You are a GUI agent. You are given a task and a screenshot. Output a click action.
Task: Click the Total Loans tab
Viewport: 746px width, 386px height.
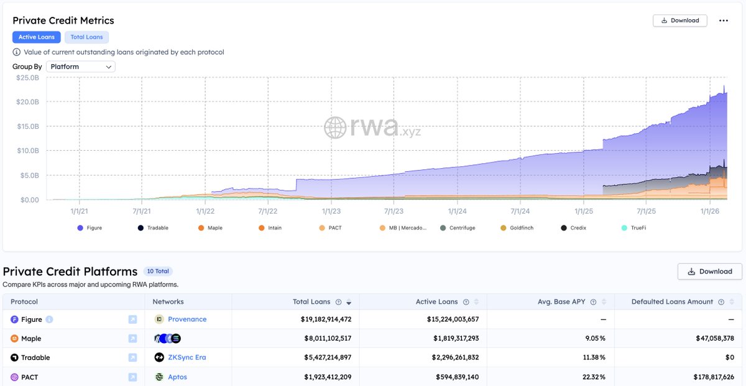[x=86, y=37]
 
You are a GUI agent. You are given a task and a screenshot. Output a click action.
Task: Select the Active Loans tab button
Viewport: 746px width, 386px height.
[x=37, y=37]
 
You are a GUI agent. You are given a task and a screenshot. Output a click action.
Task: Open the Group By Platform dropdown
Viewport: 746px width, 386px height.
[x=81, y=67]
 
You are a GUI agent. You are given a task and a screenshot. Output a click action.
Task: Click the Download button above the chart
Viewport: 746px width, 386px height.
[x=679, y=21]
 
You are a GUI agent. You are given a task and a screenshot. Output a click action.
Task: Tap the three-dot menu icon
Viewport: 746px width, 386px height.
[x=724, y=21]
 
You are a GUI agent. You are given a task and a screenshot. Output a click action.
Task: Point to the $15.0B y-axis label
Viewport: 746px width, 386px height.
[x=28, y=126]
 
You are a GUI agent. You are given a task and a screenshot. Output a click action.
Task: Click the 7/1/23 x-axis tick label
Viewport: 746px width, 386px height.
[x=394, y=211]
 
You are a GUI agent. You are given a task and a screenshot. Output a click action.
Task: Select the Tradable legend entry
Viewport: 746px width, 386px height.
[x=153, y=228]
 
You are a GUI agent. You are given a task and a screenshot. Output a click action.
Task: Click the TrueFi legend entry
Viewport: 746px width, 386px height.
[x=633, y=228]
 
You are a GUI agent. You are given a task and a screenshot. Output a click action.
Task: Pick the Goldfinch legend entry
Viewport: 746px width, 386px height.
[x=517, y=228]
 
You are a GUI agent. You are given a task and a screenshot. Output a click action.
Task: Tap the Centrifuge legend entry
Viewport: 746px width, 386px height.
[x=458, y=228]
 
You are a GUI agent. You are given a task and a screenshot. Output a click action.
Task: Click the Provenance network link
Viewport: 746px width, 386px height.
[x=187, y=319]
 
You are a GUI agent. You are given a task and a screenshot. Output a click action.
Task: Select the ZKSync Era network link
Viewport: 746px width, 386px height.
[x=187, y=357]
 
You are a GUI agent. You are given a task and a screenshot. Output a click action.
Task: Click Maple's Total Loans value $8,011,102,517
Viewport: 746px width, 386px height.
[x=328, y=338]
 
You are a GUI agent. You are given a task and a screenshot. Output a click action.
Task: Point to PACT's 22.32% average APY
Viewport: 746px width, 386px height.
[x=594, y=377]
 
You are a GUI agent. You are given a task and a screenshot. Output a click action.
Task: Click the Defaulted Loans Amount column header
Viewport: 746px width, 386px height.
[x=672, y=301]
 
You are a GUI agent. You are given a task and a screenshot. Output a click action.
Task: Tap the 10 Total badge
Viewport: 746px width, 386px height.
[x=158, y=271]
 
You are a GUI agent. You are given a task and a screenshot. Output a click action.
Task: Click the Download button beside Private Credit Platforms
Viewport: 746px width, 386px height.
[x=710, y=271]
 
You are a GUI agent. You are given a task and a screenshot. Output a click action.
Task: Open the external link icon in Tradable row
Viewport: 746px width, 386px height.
[x=132, y=357]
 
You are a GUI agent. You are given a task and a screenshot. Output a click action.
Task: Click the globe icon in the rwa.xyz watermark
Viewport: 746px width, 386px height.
[x=335, y=128]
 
